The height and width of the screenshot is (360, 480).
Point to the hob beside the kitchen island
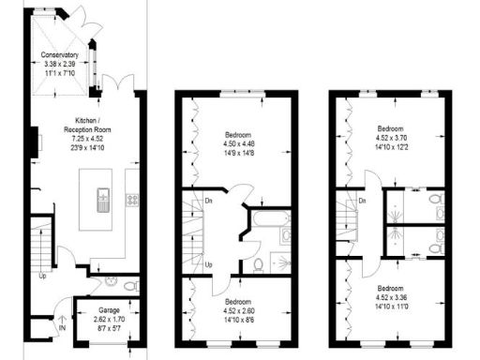[132, 199]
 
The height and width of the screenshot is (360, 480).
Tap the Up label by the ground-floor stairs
[43, 275]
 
